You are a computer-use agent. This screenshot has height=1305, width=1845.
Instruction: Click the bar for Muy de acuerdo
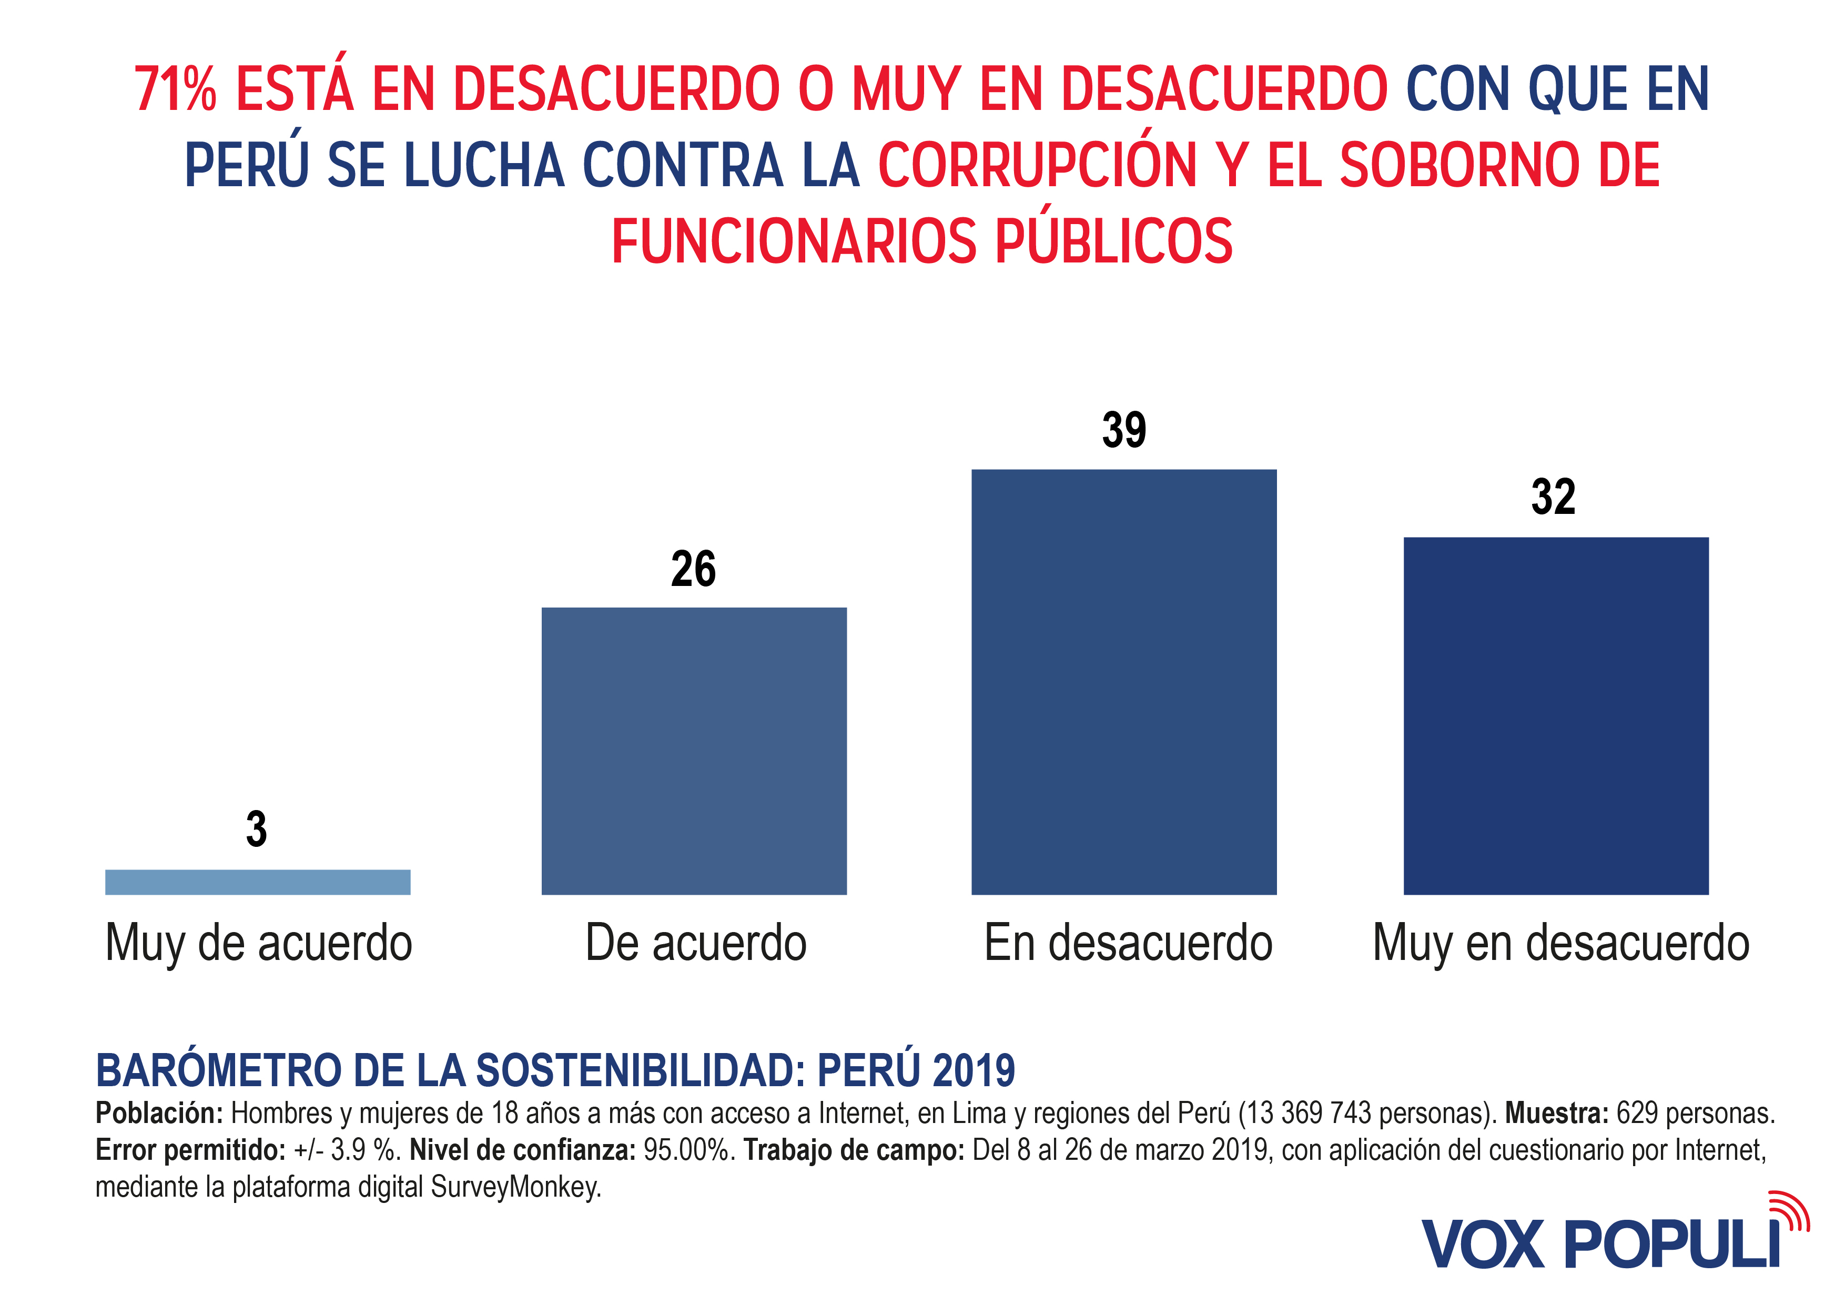(x=257, y=882)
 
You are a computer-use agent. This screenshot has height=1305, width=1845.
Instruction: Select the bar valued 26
(x=694, y=751)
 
